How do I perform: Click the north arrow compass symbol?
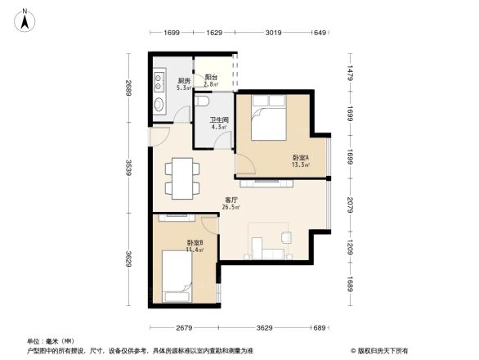(x=25, y=19)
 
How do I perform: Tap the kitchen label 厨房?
(x=184, y=81)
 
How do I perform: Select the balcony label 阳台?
(x=210, y=78)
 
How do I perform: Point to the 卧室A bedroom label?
(x=300, y=157)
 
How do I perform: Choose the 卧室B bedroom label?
(x=195, y=244)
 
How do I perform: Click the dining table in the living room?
(x=180, y=177)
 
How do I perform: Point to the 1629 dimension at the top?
(x=214, y=34)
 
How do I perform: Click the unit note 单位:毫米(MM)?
(x=51, y=341)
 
